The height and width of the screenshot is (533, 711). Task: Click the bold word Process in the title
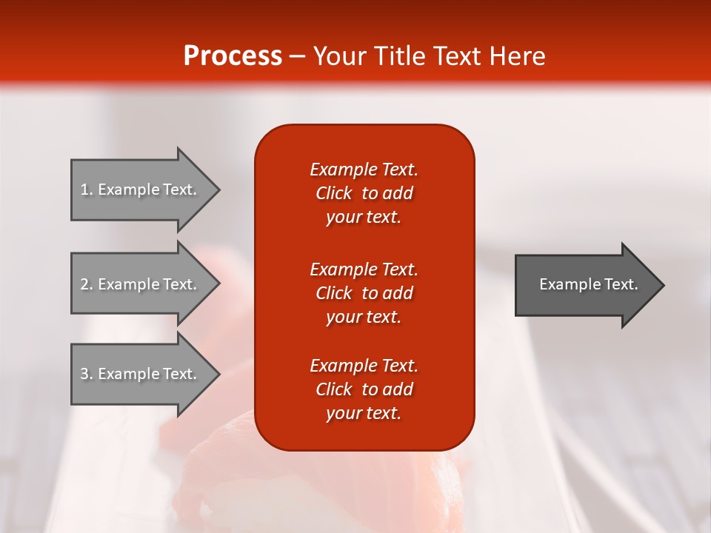233,56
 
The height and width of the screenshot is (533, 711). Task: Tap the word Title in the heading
401,56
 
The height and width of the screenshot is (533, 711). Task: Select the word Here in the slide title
517,56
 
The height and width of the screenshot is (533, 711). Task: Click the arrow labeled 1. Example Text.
146,190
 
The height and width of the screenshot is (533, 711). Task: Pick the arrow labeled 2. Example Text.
146,284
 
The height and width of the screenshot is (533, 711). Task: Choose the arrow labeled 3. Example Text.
146,375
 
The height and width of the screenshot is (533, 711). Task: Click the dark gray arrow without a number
590,285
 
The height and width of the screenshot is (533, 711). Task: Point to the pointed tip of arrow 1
220,190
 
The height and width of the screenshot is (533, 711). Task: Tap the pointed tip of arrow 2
220,284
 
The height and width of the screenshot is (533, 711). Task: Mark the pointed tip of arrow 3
220,375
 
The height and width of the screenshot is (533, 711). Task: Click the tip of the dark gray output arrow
664,285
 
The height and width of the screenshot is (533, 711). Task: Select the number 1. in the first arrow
87,190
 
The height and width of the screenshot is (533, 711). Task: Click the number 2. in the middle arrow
87,284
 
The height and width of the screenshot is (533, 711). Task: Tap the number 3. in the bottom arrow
87,374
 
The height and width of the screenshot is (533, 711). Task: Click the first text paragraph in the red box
364,193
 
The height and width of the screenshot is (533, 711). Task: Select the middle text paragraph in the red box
364,293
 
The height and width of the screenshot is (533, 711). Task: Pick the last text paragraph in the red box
364,389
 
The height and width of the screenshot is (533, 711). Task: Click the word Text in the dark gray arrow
621,284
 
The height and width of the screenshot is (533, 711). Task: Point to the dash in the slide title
298,57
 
